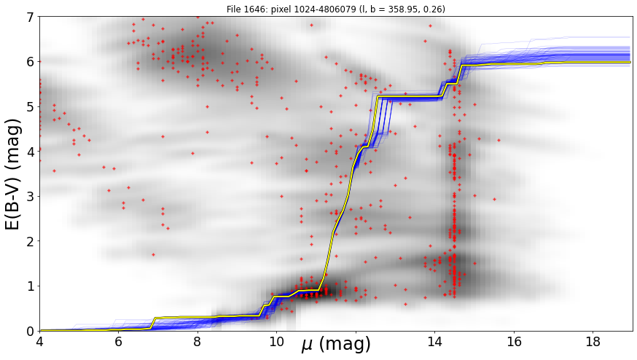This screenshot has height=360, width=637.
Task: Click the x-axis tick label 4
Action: coord(40,341)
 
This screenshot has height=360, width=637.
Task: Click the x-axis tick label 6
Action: coord(119,341)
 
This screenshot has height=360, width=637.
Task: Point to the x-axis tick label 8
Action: coord(198,341)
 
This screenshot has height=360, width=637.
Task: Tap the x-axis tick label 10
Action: coord(277,341)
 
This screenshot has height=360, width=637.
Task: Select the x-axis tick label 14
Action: coord(435,341)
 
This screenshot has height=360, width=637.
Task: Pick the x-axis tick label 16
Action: coord(515,341)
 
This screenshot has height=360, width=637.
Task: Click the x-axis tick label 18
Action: coord(593,341)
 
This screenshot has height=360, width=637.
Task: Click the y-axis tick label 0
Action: coord(31,332)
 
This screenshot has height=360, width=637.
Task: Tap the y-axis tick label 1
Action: coord(31,286)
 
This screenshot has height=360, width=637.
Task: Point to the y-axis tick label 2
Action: coord(31,242)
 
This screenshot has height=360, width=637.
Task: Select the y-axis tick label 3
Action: coord(31,197)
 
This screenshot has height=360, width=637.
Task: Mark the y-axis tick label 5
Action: coord(31,107)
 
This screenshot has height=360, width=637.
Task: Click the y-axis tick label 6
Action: coord(31,62)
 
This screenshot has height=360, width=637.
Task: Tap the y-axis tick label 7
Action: coord(31,17)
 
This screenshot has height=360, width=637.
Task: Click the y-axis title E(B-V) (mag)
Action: coord(13,174)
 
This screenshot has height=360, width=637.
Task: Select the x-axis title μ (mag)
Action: coord(336,345)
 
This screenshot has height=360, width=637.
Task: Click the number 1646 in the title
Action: coord(251,9)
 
